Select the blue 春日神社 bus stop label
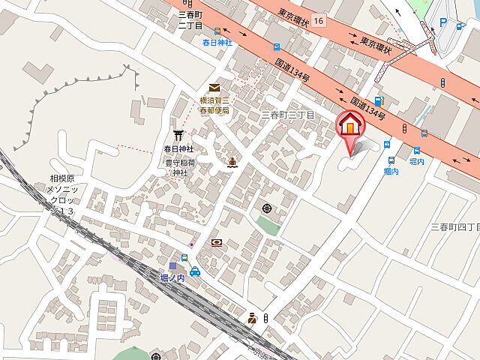[217, 43]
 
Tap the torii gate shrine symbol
[178, 135]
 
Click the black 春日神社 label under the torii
[178, 148]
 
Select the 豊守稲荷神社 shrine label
[180, 166]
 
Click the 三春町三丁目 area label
[287, 115]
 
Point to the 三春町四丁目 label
[455, 226]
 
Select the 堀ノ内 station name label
[173, 277]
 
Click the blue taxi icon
[195, 271]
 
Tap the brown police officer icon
[253, 319]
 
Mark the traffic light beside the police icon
[265, 319]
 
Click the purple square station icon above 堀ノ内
[172, 265]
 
